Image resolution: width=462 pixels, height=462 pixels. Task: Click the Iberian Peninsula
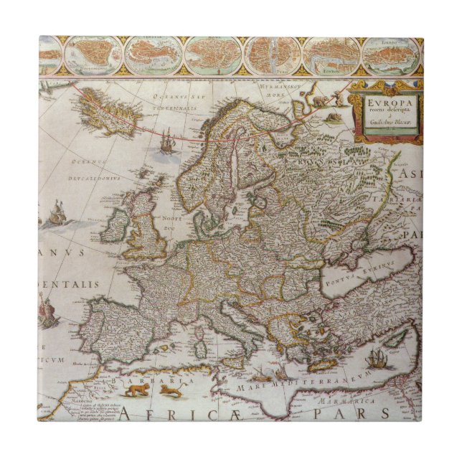pyautogui.click(x=119, y=329)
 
